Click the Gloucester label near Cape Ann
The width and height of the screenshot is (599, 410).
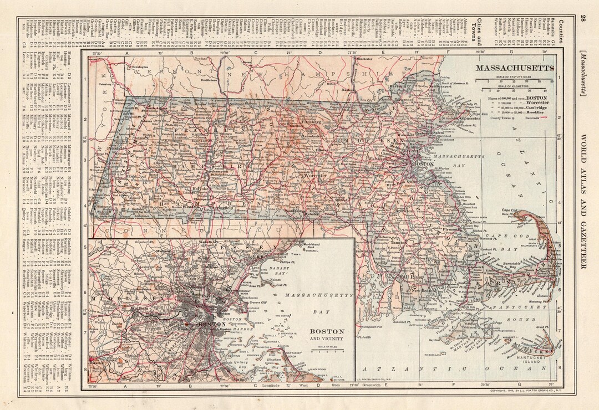tap(469, 118)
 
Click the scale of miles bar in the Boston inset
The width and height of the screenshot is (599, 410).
tap(327, 351)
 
